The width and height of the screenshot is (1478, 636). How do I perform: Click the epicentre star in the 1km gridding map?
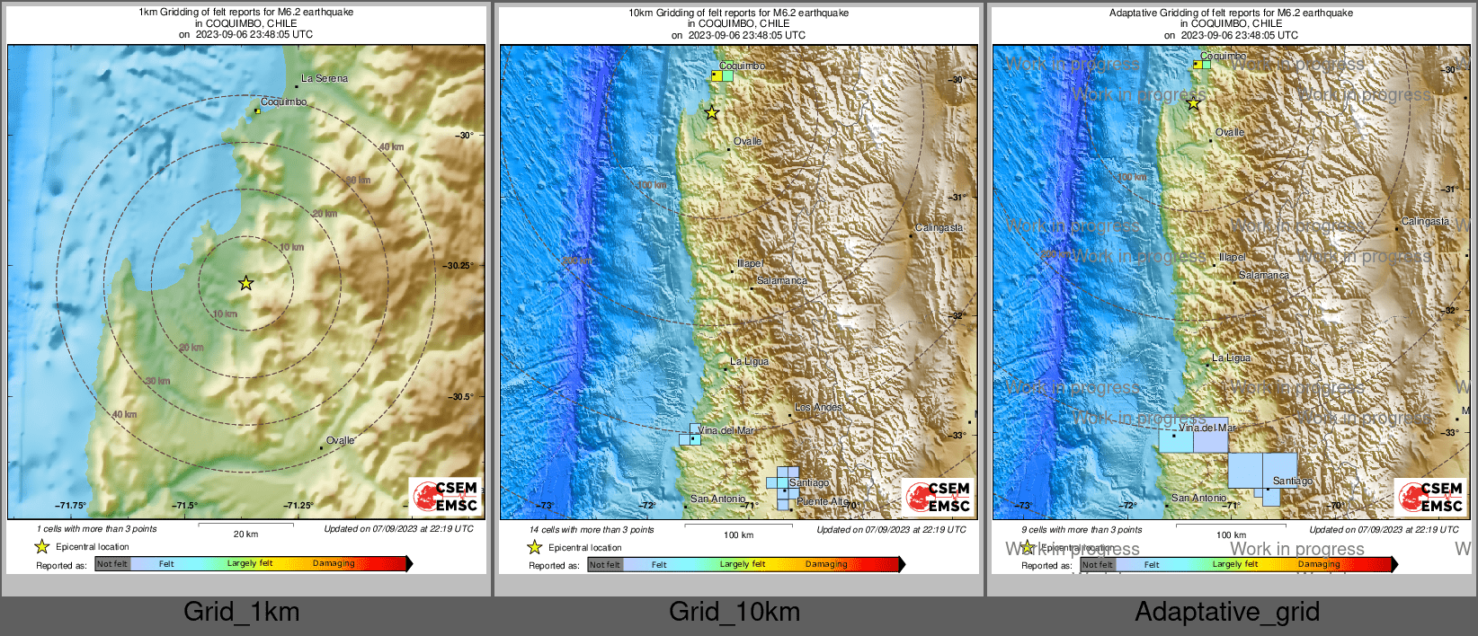(x=245, y=283)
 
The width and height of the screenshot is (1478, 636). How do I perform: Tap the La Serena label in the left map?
(x=324, y=78)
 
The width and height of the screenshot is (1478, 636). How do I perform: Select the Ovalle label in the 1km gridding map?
(x=340, y=440)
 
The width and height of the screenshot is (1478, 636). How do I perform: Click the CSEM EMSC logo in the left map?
(x=445, y=496)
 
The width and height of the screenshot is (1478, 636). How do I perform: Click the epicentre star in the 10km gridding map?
(x=712, y=112)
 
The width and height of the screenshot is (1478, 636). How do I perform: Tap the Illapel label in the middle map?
(x=750, y=263)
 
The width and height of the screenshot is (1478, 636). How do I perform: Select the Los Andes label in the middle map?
(x=818, y=407)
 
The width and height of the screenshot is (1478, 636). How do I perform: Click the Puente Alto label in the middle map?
(x=822, y=501)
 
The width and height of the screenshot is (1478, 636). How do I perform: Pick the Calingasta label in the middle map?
(x=939, y=227)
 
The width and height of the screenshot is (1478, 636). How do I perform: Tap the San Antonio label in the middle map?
(x=717, y=499)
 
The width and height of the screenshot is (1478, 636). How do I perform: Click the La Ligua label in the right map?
(x=1231, y=358)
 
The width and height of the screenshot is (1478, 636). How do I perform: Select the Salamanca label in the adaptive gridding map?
(x=1263, y=275)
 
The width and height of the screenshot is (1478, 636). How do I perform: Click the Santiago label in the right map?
(x=1292, y=481)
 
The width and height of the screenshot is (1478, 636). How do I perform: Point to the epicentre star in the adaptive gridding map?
(x=1193, y=103)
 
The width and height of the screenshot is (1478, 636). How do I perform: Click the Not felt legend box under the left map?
(x=112, y=564)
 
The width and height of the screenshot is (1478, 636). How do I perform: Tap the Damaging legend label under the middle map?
(x=825, y=564)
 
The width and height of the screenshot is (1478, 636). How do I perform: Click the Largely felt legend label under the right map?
(x=1234, y=564)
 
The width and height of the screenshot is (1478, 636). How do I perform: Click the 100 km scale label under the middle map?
(x=738, y=534)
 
